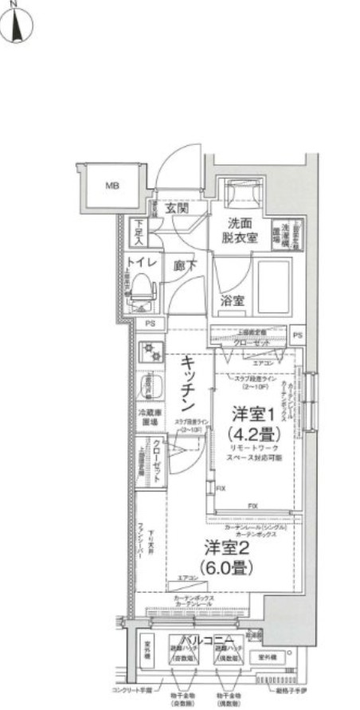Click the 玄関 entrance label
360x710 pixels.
176,209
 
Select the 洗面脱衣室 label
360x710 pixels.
239,231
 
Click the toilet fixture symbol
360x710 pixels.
141,291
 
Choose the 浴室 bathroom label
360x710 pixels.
233,301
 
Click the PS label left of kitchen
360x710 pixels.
149,324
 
